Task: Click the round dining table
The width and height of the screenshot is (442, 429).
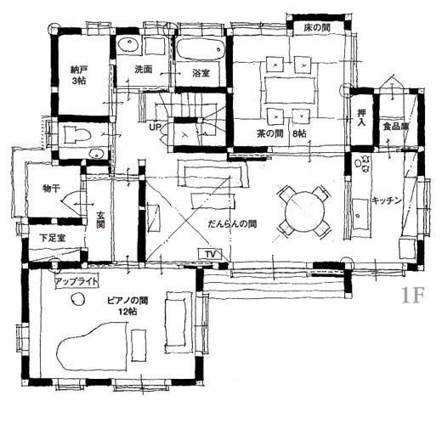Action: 304,211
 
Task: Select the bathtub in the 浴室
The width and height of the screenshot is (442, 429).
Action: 201,49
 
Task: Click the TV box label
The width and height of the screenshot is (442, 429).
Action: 210,255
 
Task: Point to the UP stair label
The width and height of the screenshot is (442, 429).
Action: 155,127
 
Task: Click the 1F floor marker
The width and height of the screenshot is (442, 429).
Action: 412,295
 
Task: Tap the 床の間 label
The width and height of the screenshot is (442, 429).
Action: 317,28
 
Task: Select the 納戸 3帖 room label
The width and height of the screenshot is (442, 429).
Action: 78,75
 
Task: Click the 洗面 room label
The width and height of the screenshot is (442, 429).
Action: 144,70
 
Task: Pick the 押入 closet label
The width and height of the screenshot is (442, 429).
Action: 361,118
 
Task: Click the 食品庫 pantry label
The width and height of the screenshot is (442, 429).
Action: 396,127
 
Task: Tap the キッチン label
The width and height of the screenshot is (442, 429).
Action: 387,200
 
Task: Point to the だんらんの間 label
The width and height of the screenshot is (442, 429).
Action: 232,224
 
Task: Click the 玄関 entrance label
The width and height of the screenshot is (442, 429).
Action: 100,219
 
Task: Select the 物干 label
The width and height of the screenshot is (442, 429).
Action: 51,189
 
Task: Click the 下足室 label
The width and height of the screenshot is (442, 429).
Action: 53,238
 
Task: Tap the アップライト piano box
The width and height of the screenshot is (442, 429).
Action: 76,281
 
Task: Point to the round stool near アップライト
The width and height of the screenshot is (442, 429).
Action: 77,299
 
